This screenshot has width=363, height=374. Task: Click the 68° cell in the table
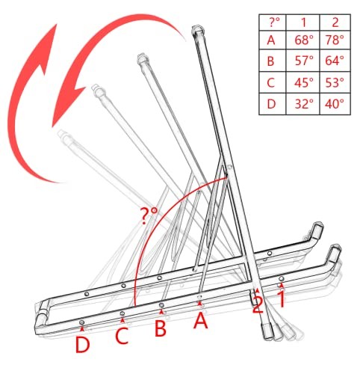[x=303, y=40]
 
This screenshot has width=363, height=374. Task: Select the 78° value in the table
[x=335, y=40]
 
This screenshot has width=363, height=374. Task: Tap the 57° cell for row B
[x=303, y=61]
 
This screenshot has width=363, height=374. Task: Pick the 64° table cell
[x=335, y=61]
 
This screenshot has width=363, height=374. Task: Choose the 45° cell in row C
[x=303, y=82]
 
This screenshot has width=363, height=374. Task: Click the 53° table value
[x=335, y=82]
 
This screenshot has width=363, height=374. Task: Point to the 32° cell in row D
[x=303, y=104]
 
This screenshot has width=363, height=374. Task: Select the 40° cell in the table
[x=335, y=104]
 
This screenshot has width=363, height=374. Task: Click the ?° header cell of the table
[x=273, y=22]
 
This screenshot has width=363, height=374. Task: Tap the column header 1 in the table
[x=303, y=22]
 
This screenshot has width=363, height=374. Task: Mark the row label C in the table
[x=270, y=82]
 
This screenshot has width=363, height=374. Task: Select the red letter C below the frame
[x=122, y=336]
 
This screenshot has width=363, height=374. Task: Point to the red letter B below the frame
[x=161, y=328]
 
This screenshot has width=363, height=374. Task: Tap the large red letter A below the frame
[x=201, y=320]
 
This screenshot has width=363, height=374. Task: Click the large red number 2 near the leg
[x=258, y=304]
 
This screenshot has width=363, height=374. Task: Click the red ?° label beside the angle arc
[x=149, y=216]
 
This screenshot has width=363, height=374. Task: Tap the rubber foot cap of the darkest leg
[x=268, y=331]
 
